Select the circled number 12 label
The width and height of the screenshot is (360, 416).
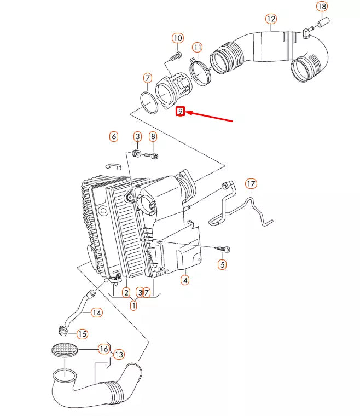(271, 19)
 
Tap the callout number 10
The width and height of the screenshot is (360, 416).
(177, 38)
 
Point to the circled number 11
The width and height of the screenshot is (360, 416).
(197, 48)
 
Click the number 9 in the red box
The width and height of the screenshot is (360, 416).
(180, 112)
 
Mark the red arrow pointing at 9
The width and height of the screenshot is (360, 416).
(211, 116)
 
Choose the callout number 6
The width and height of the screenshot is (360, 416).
(114, 136)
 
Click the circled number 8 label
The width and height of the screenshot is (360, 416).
(153, 136)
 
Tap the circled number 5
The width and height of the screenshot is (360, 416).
(222, 265)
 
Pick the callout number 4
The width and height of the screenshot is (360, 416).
(185, 280)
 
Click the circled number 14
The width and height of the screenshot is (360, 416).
(96, 313)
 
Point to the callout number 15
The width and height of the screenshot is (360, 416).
(82, 334)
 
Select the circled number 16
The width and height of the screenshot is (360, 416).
(103, 349)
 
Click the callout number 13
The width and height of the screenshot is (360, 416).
(118, 355)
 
